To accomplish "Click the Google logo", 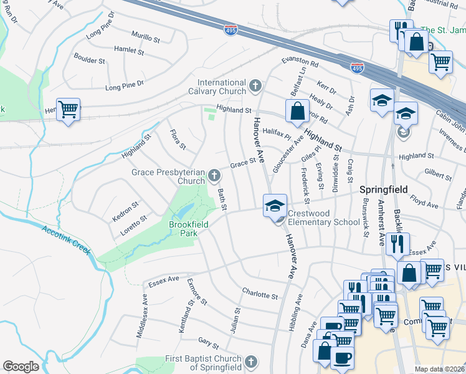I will (x=21, y=367).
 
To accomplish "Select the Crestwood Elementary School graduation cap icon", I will (x=275, y=206).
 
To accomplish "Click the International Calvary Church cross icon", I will (x=255, y=85).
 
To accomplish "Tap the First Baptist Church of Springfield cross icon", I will (x=250, y=362).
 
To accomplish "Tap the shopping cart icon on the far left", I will (x=69, y=110).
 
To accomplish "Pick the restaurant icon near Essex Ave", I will (x=397, y=243).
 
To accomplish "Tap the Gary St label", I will (x=209, y=342).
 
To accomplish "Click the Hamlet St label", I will (x=129, y=49).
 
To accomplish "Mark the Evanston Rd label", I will (x=300, y=62).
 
